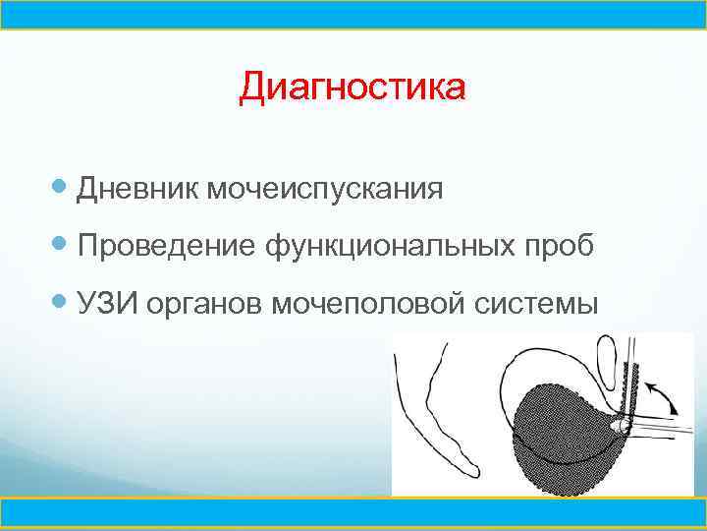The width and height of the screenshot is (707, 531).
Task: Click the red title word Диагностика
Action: pyautogui.click(x=353, y=88)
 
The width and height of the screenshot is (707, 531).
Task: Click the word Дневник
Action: pyautogui.click(x=136, y=187)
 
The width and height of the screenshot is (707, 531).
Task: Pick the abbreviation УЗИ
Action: pyautogui.click(x=109, y=305)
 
